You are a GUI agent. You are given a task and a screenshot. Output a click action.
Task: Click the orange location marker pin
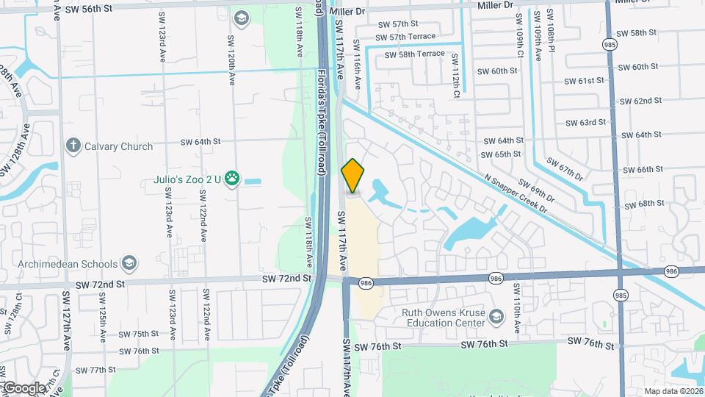click(x=353, y=176)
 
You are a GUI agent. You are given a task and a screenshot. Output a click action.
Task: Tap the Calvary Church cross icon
click(x=72, y=146)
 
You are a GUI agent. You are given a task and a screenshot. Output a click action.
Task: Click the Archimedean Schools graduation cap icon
click(x=129, y=264)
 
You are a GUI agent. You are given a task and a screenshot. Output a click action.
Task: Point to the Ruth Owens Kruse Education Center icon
click(x=496, y=316)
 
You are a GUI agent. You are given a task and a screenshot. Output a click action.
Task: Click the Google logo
click(x=23, y=387)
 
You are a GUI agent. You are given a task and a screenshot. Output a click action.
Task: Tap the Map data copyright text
click(x=673, y=391)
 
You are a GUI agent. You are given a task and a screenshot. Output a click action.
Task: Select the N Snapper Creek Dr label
click(x=516, y=193)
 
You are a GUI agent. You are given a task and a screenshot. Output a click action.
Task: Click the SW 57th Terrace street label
click(x=405, y=37)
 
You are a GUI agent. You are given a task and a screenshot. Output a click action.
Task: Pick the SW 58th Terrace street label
click(x=411, y=54)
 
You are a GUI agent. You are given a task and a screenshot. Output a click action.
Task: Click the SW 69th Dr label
click(x=536, y=190)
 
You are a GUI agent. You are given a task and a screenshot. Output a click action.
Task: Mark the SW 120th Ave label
click(x=231, y=59)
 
